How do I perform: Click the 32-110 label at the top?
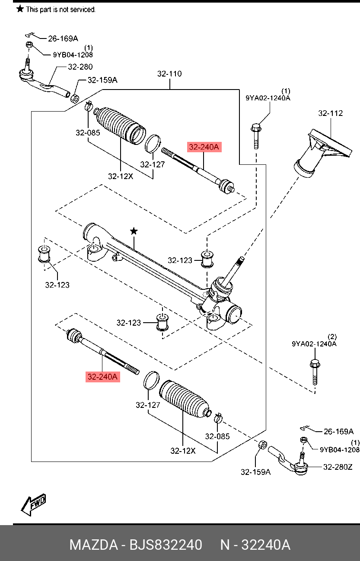[x=169, y=74]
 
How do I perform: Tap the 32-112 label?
[x=331, y=113]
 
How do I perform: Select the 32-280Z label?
[x=338, y=467]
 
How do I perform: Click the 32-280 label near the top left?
[x=80, y=67]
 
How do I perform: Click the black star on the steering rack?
[x=134, y=231]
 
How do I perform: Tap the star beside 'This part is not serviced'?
[x=20, y=9]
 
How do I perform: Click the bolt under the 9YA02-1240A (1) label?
[x=256, y=136]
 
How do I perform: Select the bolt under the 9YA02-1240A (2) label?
[x=315, y=372]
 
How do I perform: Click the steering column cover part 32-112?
[x=323, y=153]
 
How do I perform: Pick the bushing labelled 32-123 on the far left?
[x=44, y=254]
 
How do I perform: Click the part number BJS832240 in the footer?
[x=166, y=545]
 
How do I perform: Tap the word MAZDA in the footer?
[x=93, y=545]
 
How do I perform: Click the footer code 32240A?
[x=266, y=545]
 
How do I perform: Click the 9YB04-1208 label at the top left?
[x=73, y=54]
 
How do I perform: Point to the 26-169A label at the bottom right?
[x=338, y=431]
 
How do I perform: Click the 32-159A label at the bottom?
[x=256, y=472]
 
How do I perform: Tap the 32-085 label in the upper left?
[x=88, y=132]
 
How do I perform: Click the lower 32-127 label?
[x=148, y=405]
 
